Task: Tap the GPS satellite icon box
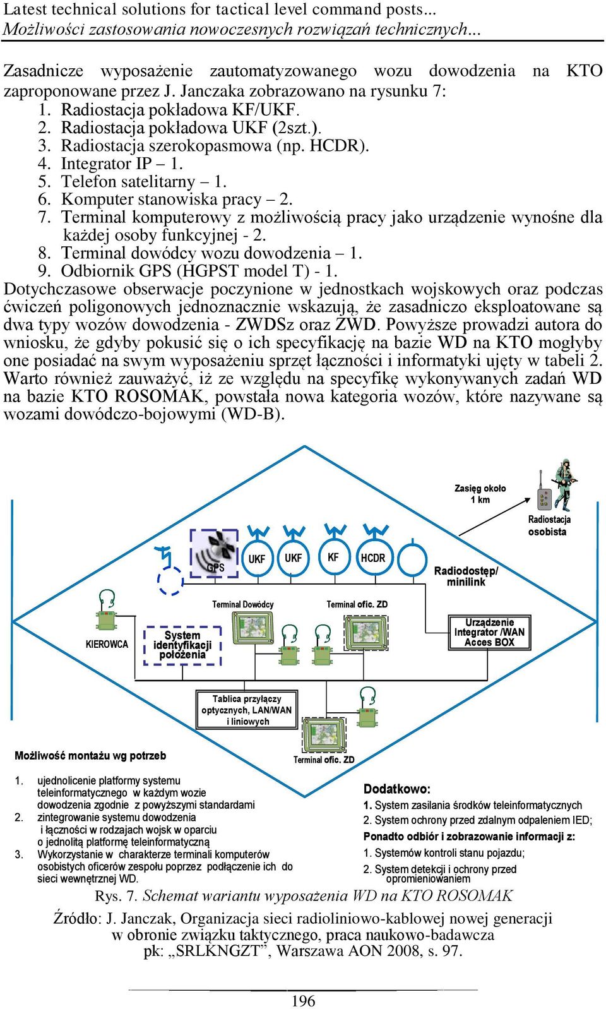click(x=214, y=553)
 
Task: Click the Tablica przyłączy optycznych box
click(x=247, y=710)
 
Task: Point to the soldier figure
click(x=566, y=484)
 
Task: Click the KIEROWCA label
click(x=107, y=644)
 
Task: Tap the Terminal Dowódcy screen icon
click(x=252, y=628)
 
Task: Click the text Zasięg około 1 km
click(x=480, y=494)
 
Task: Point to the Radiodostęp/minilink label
click(x=466, y=576)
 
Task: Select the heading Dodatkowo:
click(x=397, y=789)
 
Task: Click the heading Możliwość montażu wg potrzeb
click(x=90, y=756)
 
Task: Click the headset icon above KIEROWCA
click(x=107, y=599)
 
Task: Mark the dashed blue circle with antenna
click(x=170, y=581)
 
